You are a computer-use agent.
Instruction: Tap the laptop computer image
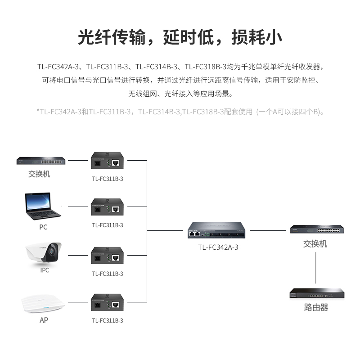(43, 207)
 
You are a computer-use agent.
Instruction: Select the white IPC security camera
(43, 253)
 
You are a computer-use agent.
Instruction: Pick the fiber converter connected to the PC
(108, 208)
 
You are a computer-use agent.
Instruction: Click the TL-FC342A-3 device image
(218, 231)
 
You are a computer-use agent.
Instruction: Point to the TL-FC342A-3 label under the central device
(218, 247)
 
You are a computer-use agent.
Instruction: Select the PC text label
(43, 227)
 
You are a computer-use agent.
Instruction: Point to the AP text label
(44, 320)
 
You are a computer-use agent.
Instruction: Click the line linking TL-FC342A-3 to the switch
(268, 231)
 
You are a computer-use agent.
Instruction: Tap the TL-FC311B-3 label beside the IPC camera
(108, 274)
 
